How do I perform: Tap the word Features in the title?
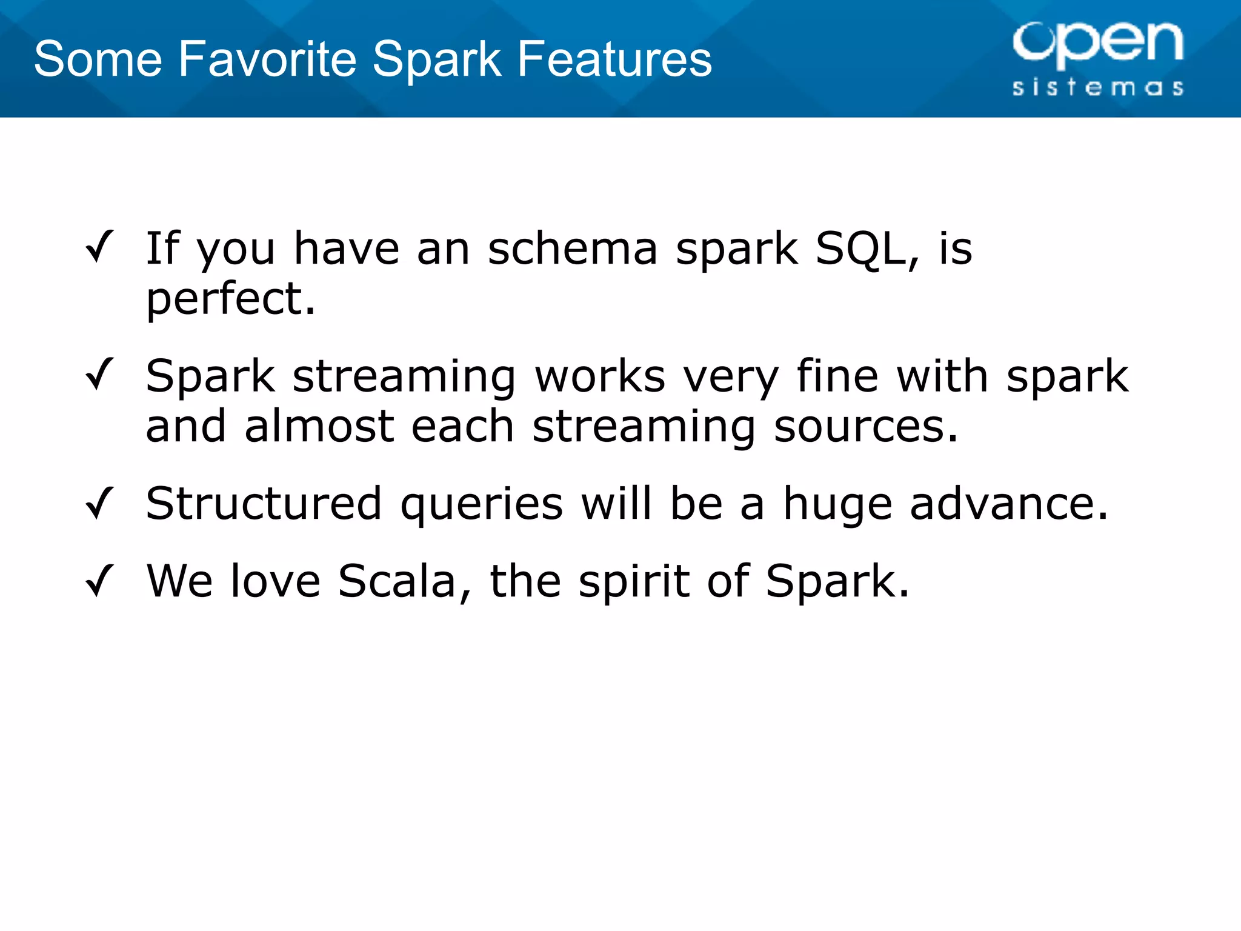point(614,59)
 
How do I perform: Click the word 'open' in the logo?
point(1097,43)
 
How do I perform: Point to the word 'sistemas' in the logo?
point(1097,87)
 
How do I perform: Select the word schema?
point(573,249)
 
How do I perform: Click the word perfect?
point(230,299)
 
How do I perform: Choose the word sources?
point(866,427)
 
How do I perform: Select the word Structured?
point(264,503)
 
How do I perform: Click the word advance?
point(1009,503)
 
